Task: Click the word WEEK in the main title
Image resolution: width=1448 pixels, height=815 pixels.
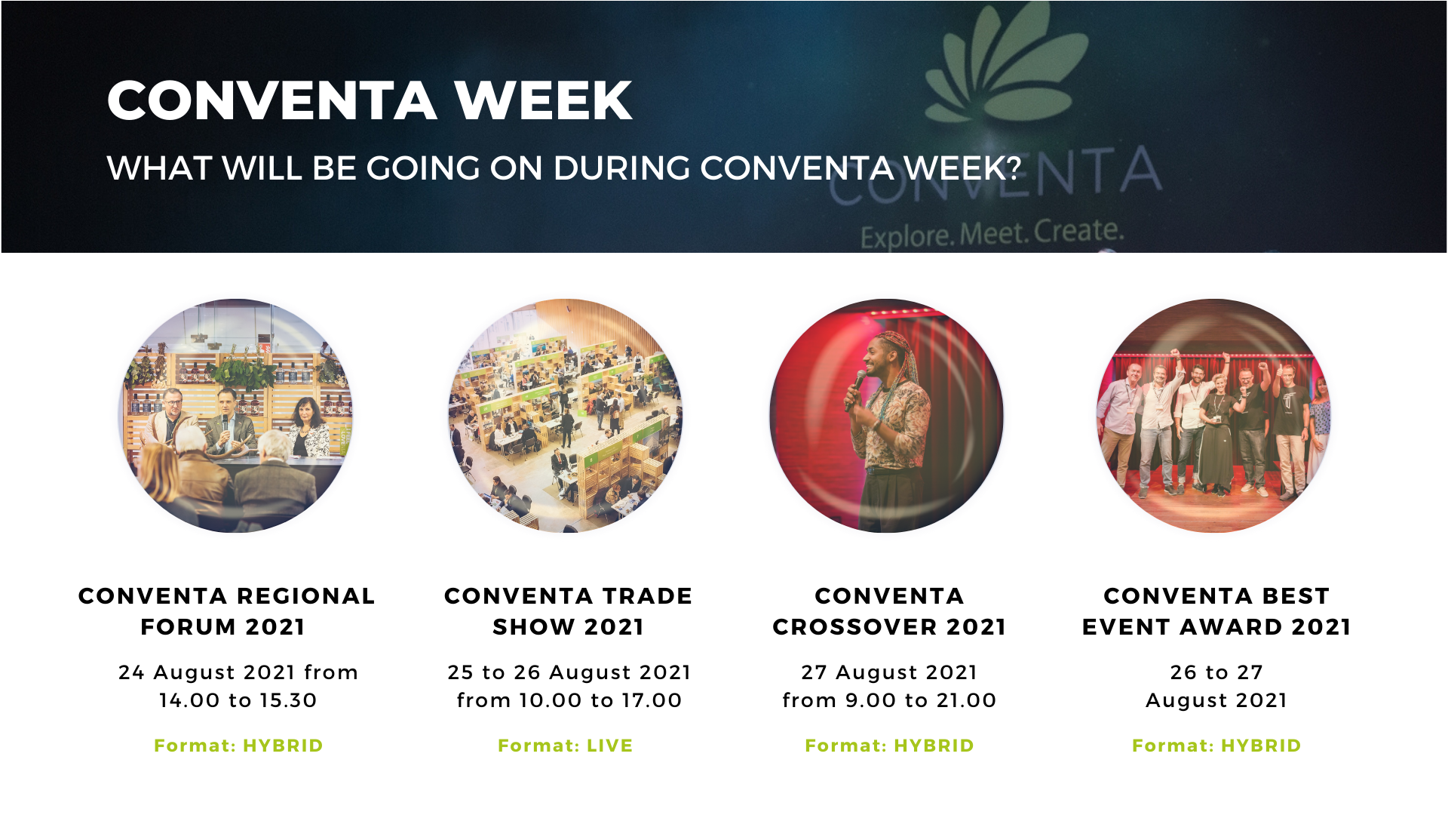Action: pos(543,100)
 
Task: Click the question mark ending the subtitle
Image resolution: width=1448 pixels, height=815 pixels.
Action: pos(1014,168)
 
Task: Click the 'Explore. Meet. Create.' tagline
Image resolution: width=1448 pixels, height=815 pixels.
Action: pos(992,233)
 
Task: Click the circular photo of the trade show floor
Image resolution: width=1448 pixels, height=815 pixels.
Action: pos(566,416)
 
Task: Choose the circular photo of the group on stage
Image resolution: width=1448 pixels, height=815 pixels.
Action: pos(1214,416)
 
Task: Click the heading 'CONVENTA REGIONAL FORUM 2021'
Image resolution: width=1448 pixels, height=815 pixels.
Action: pos(226,611)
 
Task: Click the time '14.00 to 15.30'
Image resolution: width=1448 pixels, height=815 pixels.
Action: pos(238,700)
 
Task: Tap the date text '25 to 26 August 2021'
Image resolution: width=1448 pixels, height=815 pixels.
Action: pos(569,672)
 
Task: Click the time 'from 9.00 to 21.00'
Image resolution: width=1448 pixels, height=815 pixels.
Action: pos(890,700)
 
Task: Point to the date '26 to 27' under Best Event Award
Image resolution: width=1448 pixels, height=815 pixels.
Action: pos(1216,672)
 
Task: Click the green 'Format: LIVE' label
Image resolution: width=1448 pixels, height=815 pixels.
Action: pos(566,746)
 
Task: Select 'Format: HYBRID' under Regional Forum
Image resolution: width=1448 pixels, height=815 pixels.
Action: pos(238,746)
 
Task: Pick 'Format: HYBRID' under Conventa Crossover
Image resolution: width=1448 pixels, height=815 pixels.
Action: pos(890,746)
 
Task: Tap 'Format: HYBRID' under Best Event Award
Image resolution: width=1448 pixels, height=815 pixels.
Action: pos(1216,746)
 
